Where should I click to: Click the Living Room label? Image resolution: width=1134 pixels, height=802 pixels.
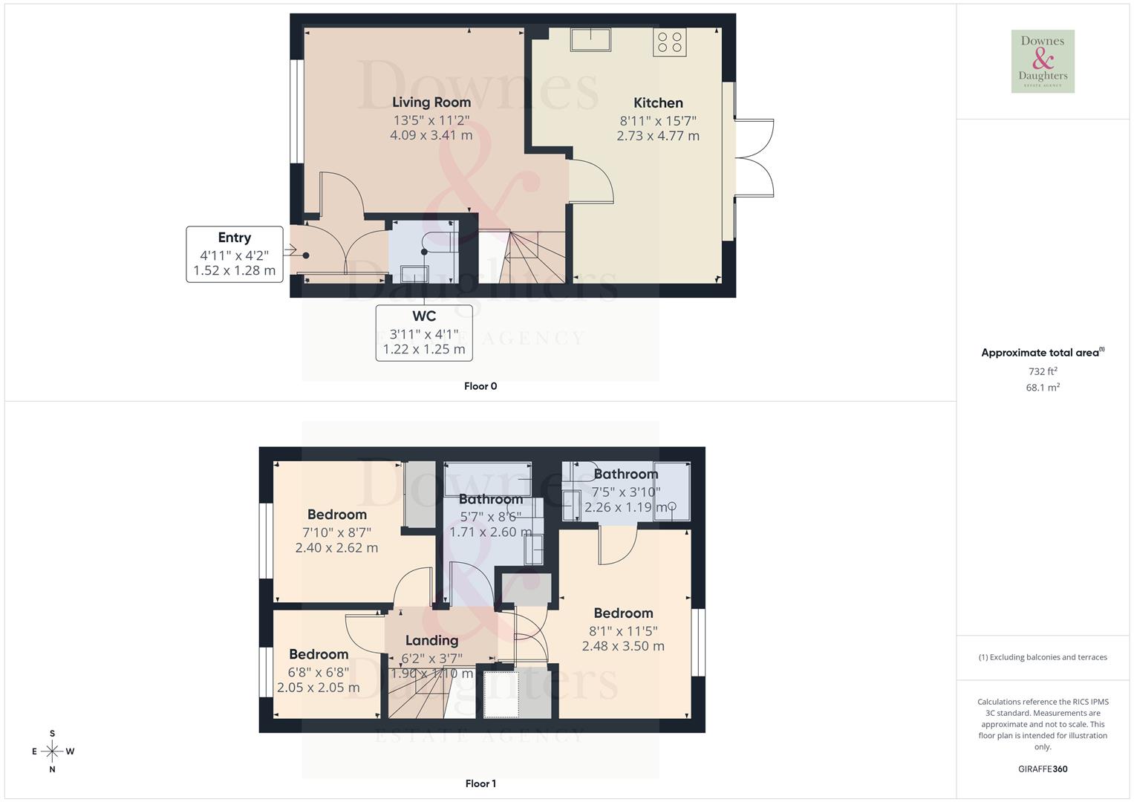pyautogui.click(x=431, y=102)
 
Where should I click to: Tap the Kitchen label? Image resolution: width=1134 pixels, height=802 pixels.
pyautogui.click(x=658, y=103)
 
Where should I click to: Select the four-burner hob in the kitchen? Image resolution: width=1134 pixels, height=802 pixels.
pyautogui.click(x=670, y=42)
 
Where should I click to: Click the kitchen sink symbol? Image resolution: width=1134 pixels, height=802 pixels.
pyautogui.click(x=590, y=39)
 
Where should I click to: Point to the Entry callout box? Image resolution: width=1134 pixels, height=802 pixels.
pyautogui.click(x=235, y=254)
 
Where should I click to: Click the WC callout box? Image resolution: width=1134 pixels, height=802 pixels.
pyautogui.click(x=424, y=333)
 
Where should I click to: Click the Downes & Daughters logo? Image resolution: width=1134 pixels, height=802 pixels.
pyautogui.click(x=1043, y=62)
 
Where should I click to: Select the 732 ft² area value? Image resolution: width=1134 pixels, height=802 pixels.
pyautogui.click(x=1043, y=371)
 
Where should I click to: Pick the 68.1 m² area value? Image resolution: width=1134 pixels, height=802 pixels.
pyautogui.click(x=1043, y=388)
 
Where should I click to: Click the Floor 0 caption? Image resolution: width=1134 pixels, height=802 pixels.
pyautogui.click(x=480, y=386)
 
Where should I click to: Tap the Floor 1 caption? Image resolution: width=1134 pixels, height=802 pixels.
pyautogui.click(x=480, y=783)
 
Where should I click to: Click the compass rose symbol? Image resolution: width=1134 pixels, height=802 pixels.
pyautogui.click(x=52, y=752)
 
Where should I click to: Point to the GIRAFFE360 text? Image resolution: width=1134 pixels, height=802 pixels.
pyautogui.click(x=1043, y=769)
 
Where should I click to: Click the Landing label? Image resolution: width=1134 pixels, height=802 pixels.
pyautogui.click(x=431, y=640)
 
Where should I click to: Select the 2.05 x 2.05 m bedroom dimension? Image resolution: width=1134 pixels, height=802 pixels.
pyautogui.click(x=319, y=688)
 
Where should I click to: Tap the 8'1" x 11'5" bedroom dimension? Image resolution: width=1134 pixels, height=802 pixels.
pyautogui.click(x=623, y=631)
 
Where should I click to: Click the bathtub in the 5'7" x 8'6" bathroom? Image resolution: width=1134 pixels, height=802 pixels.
pyautogui.click(x=487, y=479)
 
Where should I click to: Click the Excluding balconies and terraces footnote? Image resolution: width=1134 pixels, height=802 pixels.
pyautogui.click(x=1043, y=657)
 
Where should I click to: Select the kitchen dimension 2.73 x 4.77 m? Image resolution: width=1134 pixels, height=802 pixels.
pyautogui.click(x=658, y=136)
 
